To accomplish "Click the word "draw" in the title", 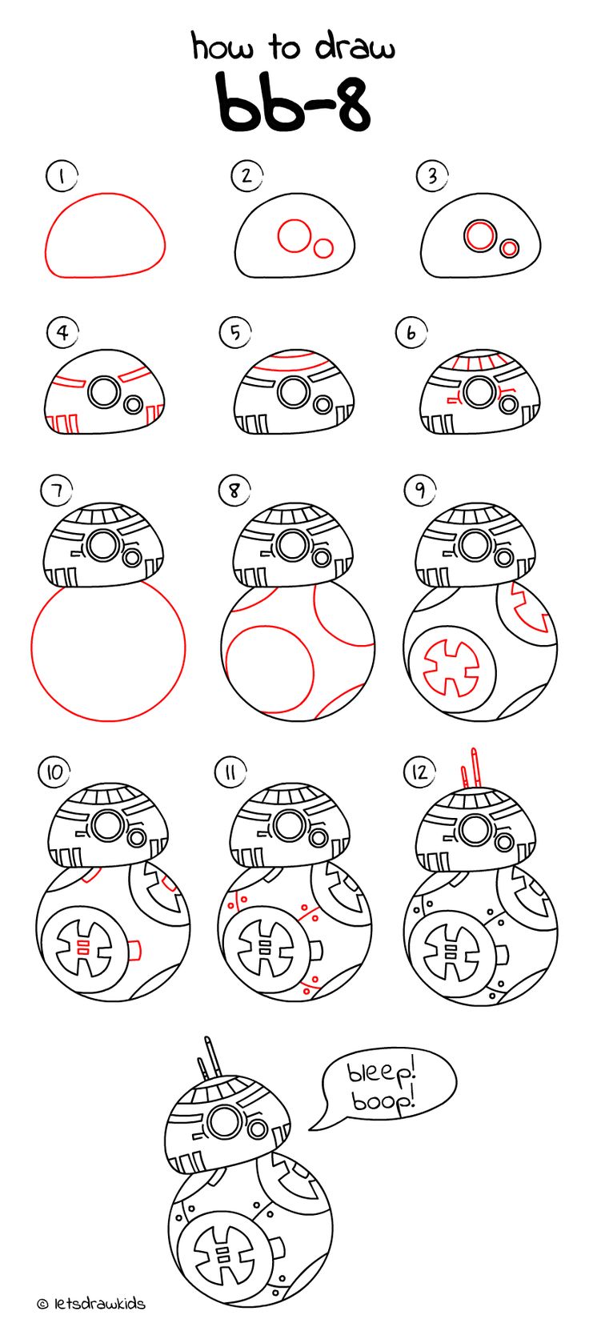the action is (355, 46).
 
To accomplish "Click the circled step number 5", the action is (235, 332).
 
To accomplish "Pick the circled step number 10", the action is (54, 772).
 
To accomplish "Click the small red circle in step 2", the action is (323, 248).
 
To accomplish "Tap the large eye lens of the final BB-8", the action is (224, 1118).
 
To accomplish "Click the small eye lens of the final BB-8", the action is (259, 1129).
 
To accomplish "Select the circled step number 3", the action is (431, 176).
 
